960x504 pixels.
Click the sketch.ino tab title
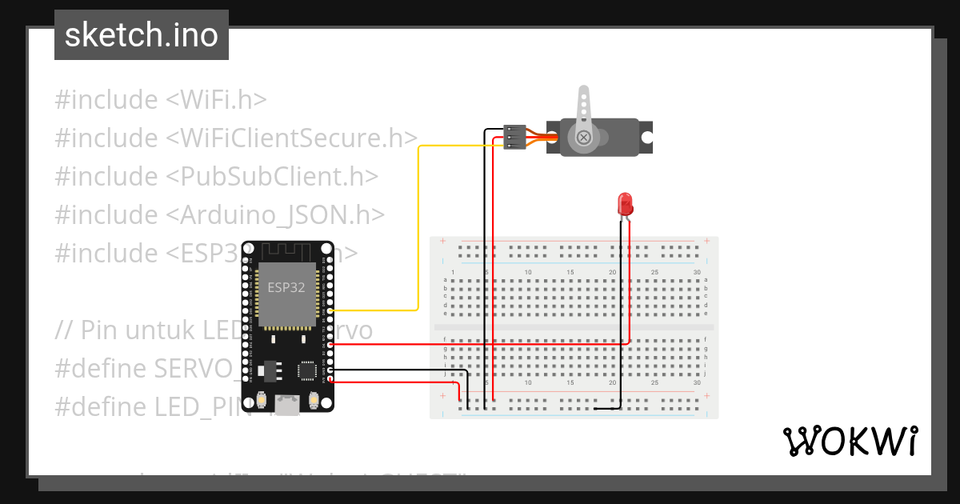coord(141,35)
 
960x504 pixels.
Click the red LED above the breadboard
coord(625,203)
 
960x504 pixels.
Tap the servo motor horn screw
coord(584,138)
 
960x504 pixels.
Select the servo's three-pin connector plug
coord(515,137)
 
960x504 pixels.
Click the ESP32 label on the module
coord(286,288)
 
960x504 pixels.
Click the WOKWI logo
coord(850,441)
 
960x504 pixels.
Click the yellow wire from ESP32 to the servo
coord(418,232)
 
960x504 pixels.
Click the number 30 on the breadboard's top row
coord(697,273)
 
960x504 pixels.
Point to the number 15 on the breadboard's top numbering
coord(570,273)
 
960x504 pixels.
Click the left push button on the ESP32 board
coord(262,399)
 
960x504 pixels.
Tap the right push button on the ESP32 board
coord(314,399)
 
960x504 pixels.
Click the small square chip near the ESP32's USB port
coord(307,370)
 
